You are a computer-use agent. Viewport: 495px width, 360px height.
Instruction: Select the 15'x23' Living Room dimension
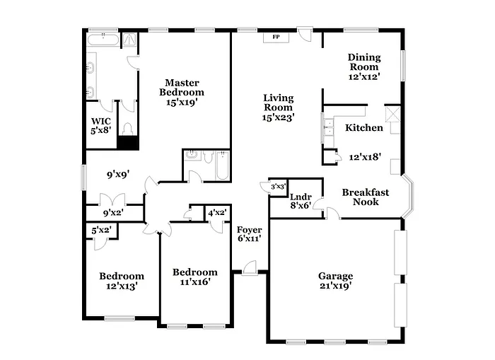tap(278, 117)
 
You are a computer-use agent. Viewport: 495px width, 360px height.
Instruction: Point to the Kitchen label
tap(364, 128)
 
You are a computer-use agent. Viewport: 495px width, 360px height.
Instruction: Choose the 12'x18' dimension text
tap(365, 158)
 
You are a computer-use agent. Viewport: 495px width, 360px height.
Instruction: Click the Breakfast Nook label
tap(361, 197)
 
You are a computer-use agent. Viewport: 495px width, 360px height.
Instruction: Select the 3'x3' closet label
tap(278, 187)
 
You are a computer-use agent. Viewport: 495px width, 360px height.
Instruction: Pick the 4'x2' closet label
tap(216, 212)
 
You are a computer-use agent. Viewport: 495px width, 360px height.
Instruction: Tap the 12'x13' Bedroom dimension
tap(121, 286)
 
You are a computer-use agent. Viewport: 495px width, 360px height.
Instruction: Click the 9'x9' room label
tap(117, 171)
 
